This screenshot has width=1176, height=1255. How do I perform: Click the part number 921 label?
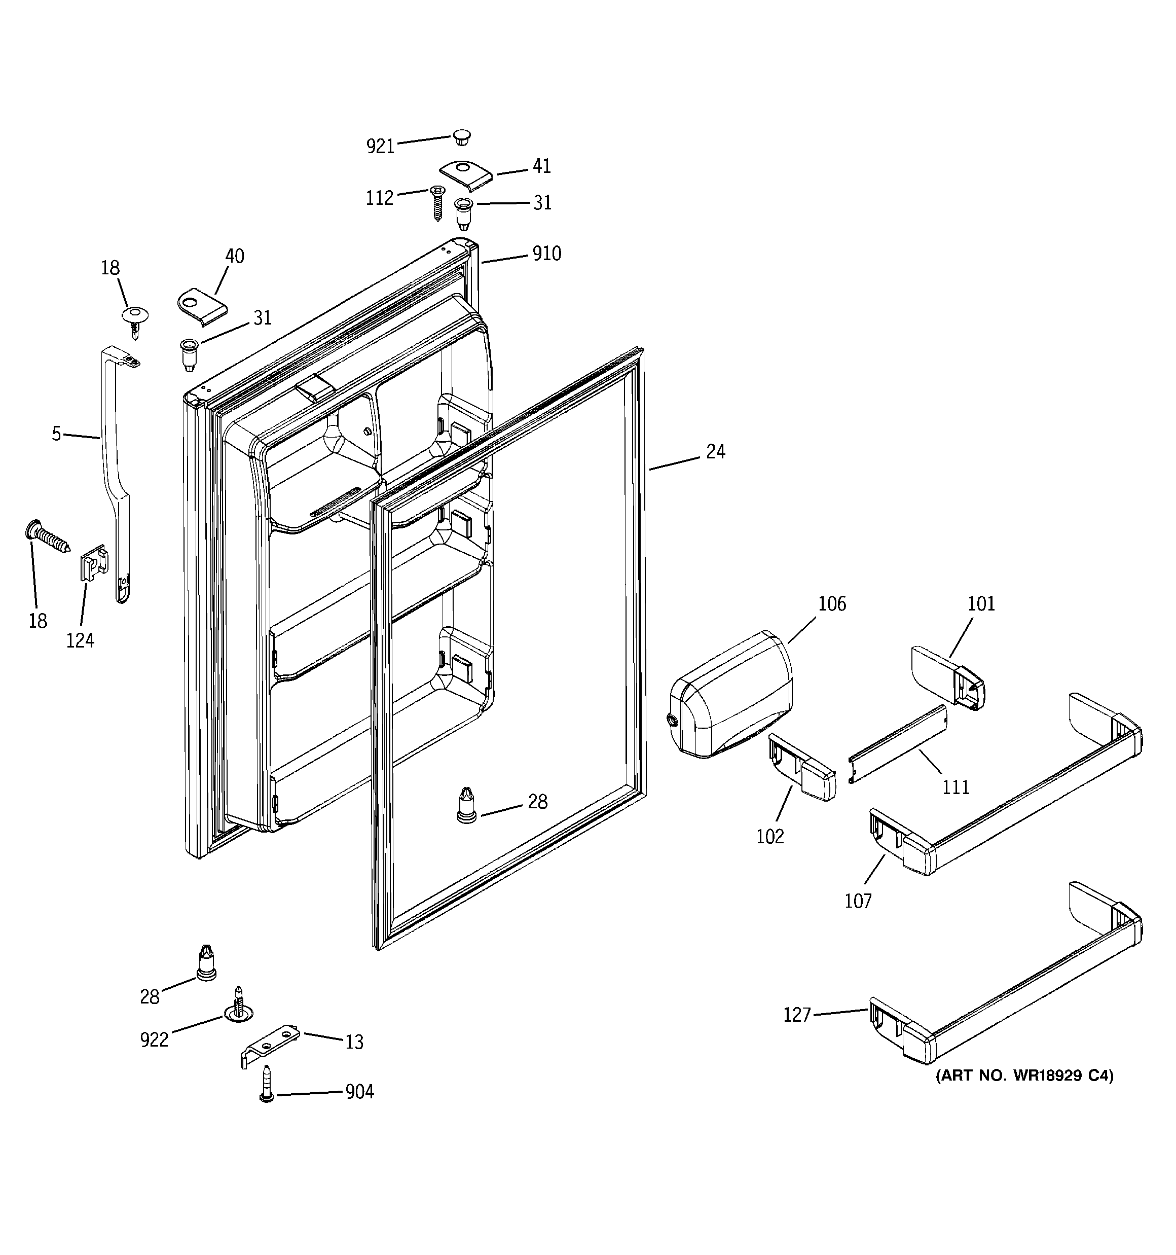(x=380, y=147)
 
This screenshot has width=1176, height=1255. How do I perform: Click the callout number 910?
(x=546, y=254)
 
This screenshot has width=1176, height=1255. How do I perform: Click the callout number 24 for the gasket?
(x=715, y=451)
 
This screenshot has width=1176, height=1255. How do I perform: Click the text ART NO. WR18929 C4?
(x=1024, y=1075)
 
